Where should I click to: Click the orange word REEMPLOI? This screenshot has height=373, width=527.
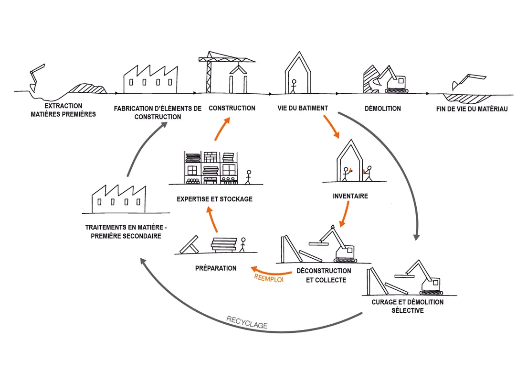[x=269, y=277]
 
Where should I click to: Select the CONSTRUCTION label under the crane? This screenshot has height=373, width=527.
[x=232, y=108]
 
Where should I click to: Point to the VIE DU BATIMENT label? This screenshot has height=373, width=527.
[x=303, y=108]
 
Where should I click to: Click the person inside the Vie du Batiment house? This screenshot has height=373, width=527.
[x=295, y=86]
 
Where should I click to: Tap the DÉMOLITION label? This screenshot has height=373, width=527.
[x=383, y=109]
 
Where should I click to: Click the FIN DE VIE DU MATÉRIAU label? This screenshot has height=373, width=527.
[x=472, y=109]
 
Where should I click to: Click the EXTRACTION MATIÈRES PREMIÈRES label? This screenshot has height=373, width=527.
[x=63, y=110]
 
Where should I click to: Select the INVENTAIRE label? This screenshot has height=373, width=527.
[x=350, y=196]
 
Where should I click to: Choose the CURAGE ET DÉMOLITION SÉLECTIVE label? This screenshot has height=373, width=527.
[x=407, y=306]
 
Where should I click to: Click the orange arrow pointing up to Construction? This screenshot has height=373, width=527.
[x=221, y=128]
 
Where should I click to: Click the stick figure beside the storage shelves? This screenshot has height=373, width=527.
[x=248, y=177]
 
